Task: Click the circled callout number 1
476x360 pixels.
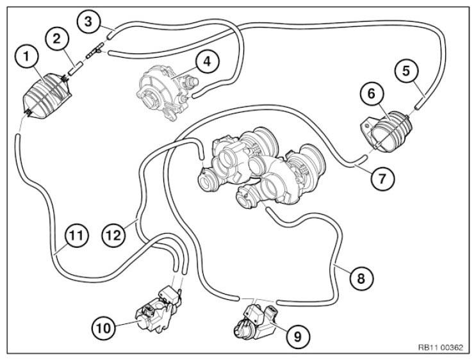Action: coord(27,57)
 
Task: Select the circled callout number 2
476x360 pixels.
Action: coord(57,39)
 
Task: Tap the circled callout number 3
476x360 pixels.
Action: coord(88,22)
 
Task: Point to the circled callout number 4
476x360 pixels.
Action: coord(207,61)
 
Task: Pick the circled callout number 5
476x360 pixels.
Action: coord(406,70)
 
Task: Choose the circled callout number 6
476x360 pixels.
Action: coord(372,94)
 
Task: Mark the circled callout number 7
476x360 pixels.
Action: coord(382,179)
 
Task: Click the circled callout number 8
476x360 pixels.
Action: coord(361,278)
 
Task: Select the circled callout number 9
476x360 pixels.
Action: coord(298,336)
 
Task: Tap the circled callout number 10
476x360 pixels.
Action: coord(104,328)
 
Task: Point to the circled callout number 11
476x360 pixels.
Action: coord(76,236)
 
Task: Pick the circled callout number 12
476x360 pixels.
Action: coord(114,236)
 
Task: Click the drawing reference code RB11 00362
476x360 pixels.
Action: coord(441,348)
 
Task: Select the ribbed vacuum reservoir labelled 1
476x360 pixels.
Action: coord(47,96)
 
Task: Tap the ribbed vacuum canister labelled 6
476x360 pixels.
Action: coord(386,132)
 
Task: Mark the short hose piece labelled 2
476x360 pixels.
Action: coord(75,69)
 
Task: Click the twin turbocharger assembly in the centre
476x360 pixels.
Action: coord(261,168)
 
